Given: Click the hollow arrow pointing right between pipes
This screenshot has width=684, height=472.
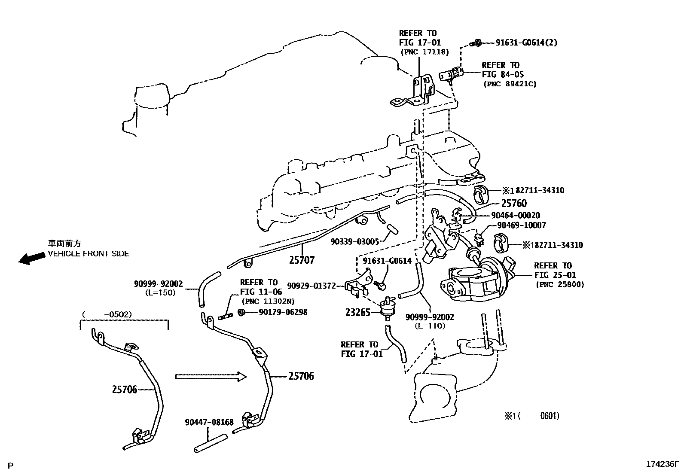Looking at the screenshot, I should tap(211, 377).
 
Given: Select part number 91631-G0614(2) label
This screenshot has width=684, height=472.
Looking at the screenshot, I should tap(526, 43).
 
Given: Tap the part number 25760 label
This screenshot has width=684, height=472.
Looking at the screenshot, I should tap(514, 203).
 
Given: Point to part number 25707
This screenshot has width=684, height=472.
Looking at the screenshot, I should tap(302, 260).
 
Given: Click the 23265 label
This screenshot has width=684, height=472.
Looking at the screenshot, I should tap(357, 313).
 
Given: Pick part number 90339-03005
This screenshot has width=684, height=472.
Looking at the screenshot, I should tap(354, 242).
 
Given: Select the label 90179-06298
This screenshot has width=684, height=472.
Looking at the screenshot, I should tap(283, 312).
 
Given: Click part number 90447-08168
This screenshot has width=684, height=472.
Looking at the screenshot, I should tap(209, 422).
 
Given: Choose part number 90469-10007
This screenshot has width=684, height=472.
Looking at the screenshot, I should tap(521, 225).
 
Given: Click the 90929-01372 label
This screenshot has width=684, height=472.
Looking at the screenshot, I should tap(311, 286).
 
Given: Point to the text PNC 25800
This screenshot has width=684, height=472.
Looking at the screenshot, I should tap(560, 284).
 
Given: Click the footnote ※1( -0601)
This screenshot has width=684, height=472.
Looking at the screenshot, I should tap(531, 415).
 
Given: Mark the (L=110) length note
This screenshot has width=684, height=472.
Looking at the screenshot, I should tap(430, 326).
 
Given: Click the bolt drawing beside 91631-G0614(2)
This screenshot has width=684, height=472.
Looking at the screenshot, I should tap(475, 43).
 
